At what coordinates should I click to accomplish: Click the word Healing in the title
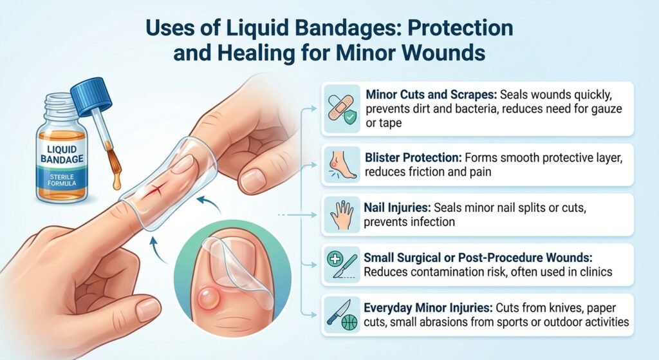point(259,52)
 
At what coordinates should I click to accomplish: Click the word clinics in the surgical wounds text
point(594,272)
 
